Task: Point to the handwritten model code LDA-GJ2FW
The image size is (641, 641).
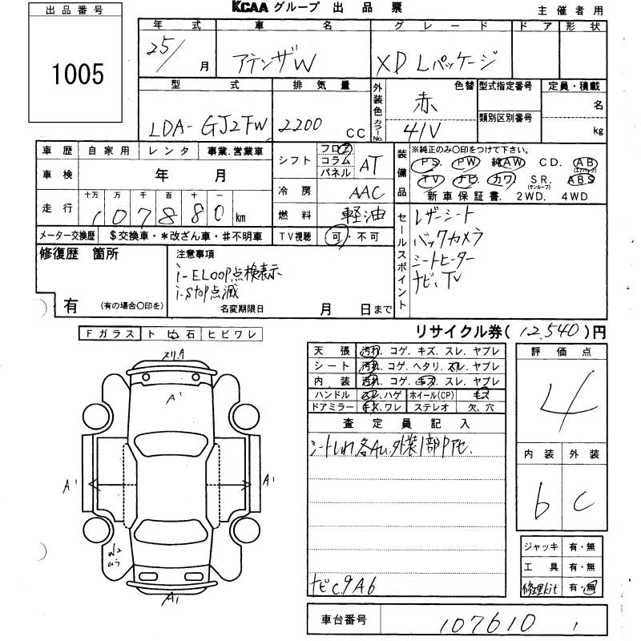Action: pos(209,125)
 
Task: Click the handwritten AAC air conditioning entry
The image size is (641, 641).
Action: pos(369,192)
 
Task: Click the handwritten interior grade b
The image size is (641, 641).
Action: pos(542,501)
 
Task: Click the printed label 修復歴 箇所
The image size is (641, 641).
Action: pos(79,254)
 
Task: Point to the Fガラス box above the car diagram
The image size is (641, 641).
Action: pos(109,334)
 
